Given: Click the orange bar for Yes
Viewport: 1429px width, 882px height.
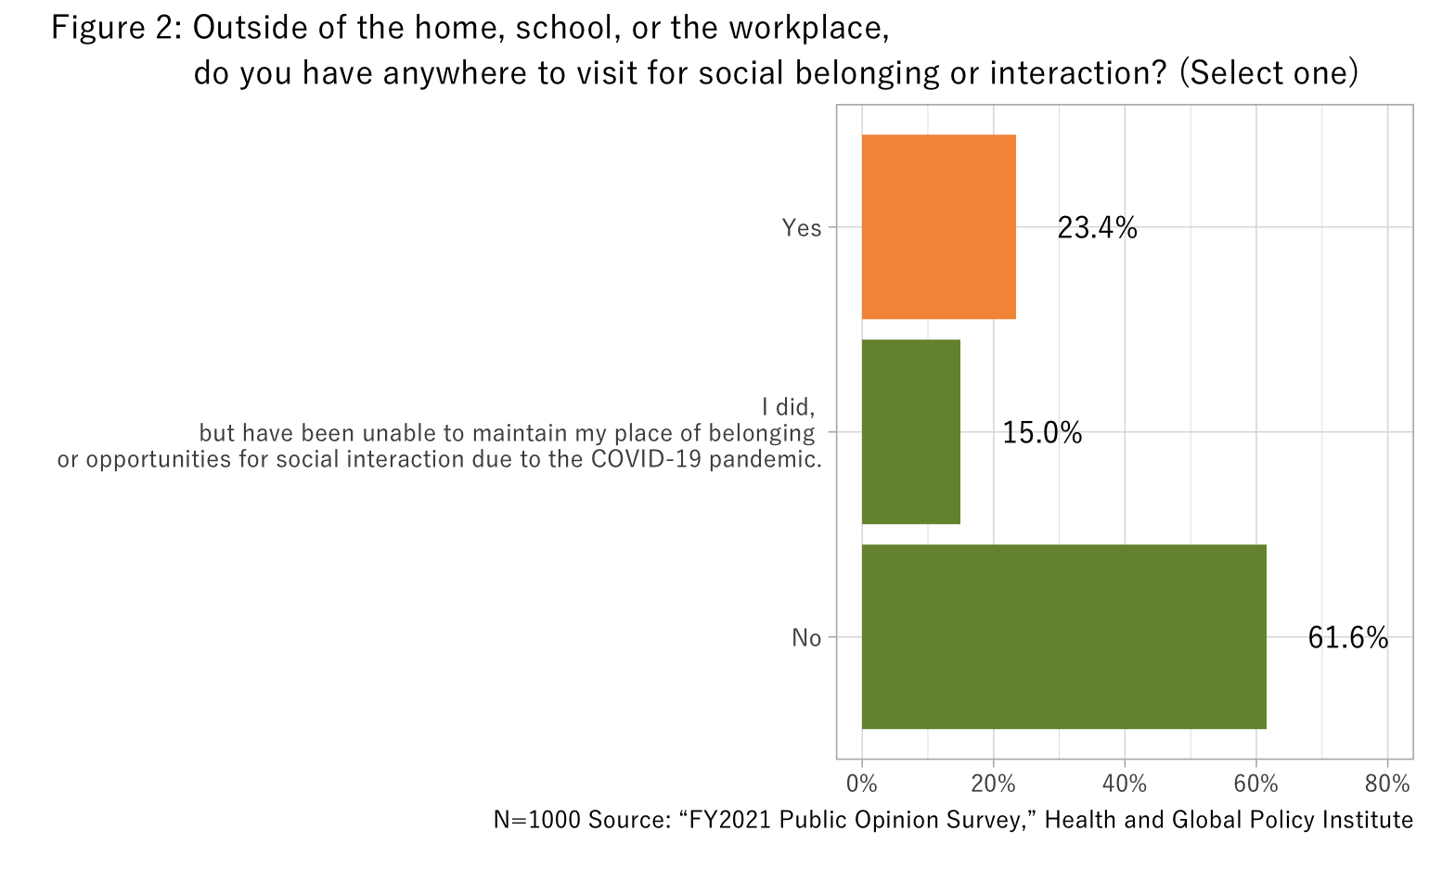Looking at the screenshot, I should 938,227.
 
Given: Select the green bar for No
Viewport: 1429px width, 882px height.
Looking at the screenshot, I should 1063,637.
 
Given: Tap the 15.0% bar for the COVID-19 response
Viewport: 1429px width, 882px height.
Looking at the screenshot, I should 910,432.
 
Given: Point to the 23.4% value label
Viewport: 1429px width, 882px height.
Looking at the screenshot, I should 1097,228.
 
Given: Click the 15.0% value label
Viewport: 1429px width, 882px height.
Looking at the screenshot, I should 1042,433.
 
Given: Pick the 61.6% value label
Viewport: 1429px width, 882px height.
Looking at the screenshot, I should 1347,638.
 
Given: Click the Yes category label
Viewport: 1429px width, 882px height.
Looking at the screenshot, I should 802,228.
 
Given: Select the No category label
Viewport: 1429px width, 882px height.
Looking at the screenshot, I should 806,638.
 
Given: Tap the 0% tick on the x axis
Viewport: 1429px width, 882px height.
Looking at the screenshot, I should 862,784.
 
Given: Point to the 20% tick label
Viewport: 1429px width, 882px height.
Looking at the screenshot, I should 993,784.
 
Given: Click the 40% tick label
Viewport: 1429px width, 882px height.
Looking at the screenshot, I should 1125,784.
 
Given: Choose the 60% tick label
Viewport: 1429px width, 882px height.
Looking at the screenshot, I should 1255,784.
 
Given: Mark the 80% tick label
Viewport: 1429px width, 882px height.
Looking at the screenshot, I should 1387,784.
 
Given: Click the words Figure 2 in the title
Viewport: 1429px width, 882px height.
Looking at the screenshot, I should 115,29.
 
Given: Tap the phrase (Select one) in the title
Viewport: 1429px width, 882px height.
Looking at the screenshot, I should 1268,72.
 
